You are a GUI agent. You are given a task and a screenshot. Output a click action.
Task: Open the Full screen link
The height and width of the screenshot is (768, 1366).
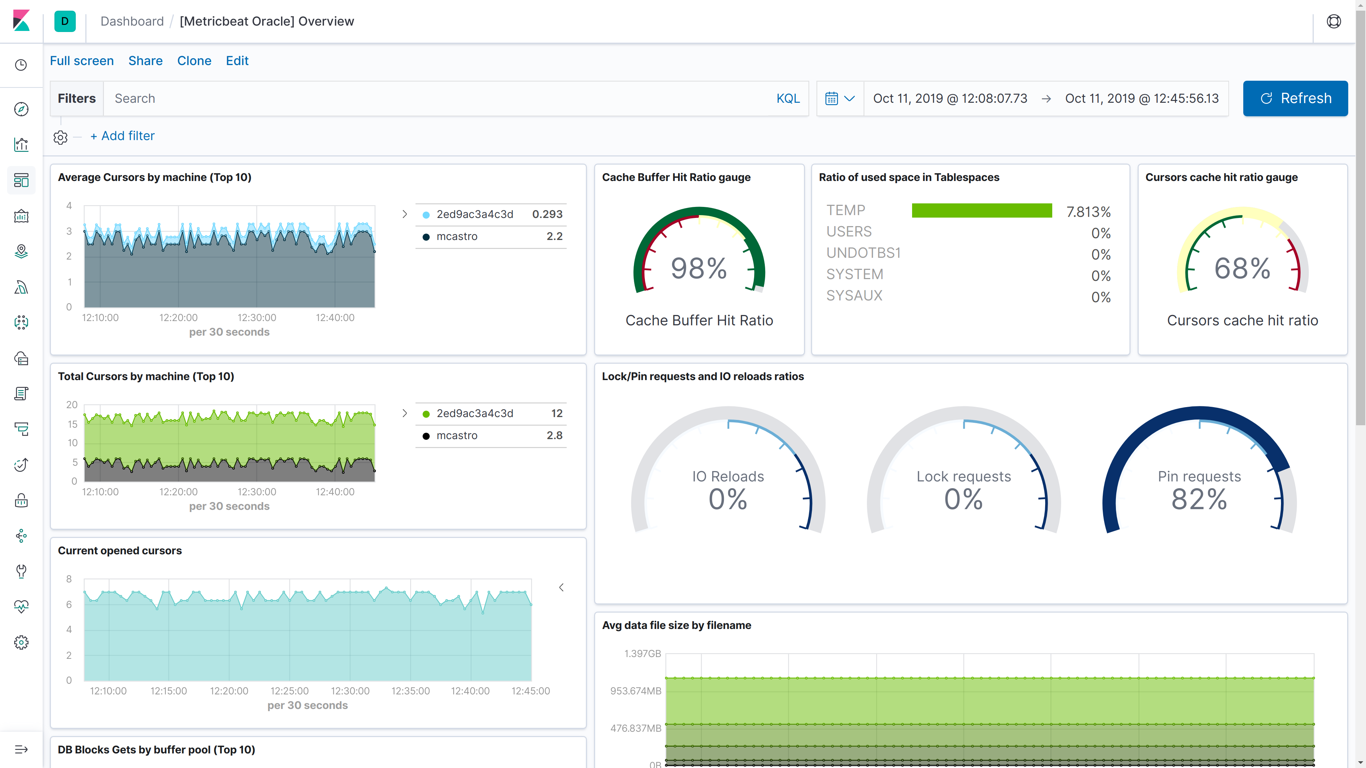coord(82,61)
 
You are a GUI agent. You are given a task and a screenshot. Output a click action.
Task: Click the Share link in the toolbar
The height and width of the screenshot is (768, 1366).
coord(145,61)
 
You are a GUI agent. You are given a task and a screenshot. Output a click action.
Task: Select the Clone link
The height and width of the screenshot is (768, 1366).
coord(194,61)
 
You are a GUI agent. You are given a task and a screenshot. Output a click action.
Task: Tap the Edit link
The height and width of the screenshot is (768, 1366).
coord(237,61)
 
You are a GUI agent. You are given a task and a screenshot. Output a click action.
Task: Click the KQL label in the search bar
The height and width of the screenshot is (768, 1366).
coord(788,98)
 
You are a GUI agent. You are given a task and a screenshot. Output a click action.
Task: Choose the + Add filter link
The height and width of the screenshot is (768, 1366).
coord(122,136)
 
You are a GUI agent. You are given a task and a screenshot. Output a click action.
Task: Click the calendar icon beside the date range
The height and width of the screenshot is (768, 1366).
coord(831,98)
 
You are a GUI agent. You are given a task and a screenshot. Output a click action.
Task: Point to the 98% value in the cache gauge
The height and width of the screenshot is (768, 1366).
coord(698,269)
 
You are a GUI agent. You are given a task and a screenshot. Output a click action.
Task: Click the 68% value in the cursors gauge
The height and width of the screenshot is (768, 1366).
coord(1242,269)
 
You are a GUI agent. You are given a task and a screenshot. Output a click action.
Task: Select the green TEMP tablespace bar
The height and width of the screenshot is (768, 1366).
coord(981,210)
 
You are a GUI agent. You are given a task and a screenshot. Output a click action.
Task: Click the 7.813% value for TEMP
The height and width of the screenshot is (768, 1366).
coord(1088,212)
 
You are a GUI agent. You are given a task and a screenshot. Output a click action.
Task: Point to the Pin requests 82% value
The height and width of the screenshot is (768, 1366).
coord(1199,499)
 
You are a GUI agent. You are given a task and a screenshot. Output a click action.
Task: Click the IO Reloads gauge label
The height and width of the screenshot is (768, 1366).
coord(727,476)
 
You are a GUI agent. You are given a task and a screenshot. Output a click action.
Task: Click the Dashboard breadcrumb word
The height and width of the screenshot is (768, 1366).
coord(132,21)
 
